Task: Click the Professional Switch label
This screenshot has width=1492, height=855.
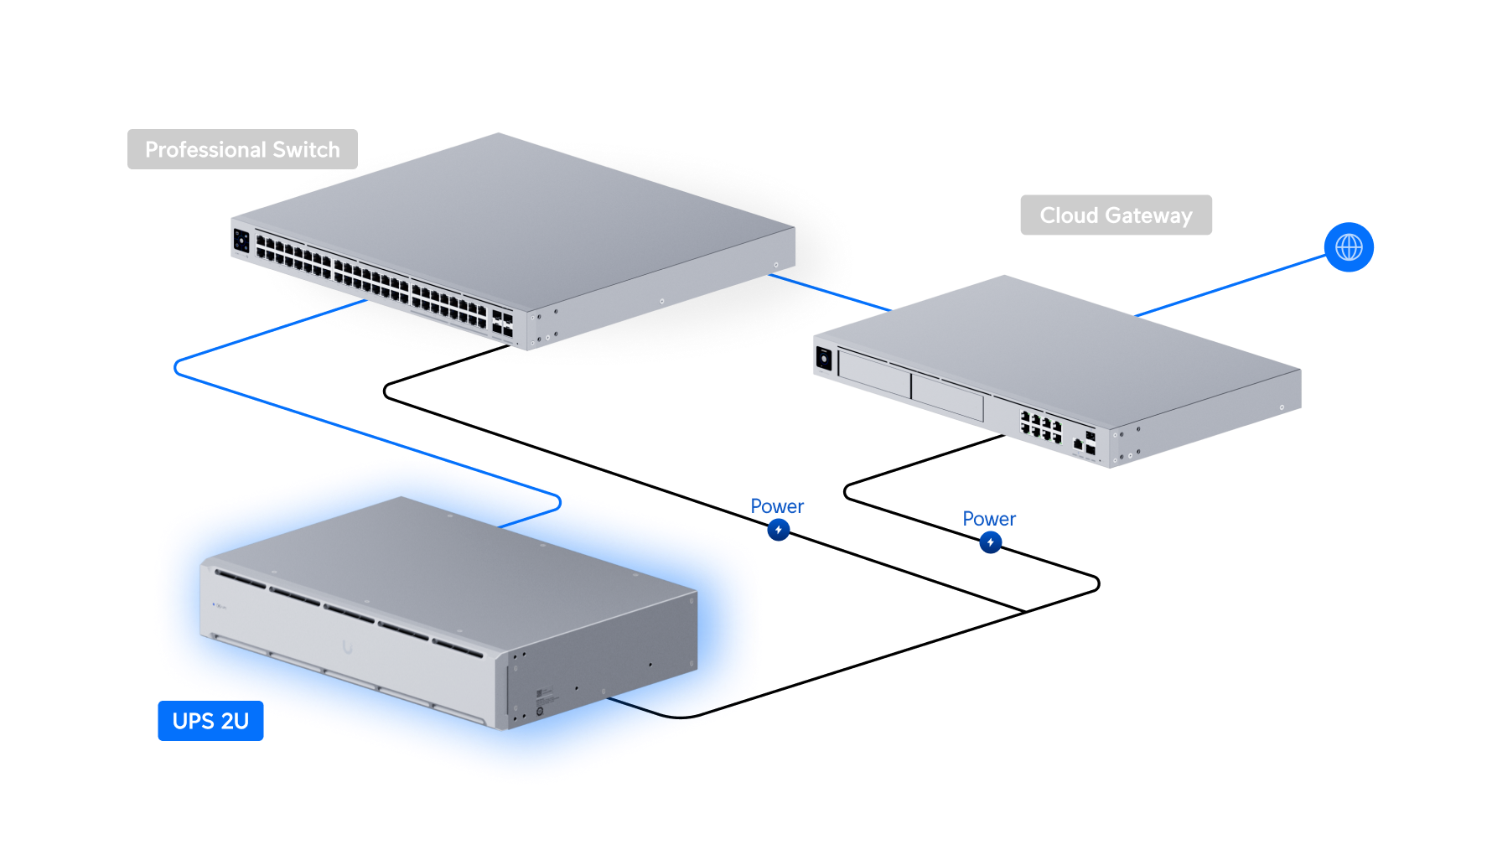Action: (242, 149)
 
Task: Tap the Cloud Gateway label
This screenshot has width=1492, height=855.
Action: (1116, 215)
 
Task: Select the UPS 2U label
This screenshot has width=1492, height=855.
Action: (210, 721)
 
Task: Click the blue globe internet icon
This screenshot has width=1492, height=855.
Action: (1349, 247)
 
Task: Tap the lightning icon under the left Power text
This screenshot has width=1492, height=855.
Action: (779, 530)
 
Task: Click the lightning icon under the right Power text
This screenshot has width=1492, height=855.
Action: (990, 542)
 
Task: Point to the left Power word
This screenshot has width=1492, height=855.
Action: (777, 506)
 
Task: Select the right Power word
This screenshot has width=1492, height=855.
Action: (989, 519)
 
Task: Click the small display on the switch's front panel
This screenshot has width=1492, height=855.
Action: (241, 241)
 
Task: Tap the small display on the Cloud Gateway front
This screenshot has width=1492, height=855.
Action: (824, 359)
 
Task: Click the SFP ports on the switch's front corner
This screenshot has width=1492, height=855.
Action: (502, 324)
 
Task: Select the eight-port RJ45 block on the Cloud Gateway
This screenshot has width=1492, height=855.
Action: (1040, 426)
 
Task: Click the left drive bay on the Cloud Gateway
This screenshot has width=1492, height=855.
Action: (874, 374)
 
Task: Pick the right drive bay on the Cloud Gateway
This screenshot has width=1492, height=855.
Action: (947, 397)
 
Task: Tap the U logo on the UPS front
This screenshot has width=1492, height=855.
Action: (347, 646)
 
